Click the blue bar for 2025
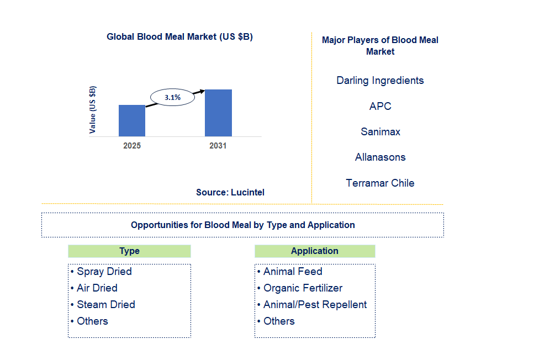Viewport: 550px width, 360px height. click(x=132, y=120)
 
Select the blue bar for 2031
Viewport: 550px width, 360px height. click(x=218, y=113)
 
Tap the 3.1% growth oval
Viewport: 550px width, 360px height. click(x=173, y=97)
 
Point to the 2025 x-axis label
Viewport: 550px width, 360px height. click(x=132, y=146)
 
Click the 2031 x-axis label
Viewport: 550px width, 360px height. click(x=218, y=146)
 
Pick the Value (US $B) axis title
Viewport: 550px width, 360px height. click(x=93, y=110)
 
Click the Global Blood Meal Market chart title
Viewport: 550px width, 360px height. click(x=179, y=37)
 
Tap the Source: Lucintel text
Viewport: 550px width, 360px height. click(x=230, y=192)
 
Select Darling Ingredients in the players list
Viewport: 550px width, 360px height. click(x=380, y=81)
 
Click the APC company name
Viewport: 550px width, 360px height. click(x=380, y=106)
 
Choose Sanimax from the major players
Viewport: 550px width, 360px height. click(x=380, y=131)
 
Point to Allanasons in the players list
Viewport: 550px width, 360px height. click(x=380, y=157)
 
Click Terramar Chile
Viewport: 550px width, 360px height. click(x=380, y=183)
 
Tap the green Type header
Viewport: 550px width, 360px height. click(x=129, y=251)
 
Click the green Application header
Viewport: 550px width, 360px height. click(x=315, y=251)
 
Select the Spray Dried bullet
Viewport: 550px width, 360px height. click(x=102, y=272)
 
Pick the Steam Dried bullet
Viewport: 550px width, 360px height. click(x=103, y=305)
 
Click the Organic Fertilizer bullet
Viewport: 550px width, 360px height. click(x=300, y=288)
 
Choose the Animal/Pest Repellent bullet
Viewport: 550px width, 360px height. click(x=312, y=305)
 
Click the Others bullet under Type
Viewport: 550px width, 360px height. click(x=89, y=321)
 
